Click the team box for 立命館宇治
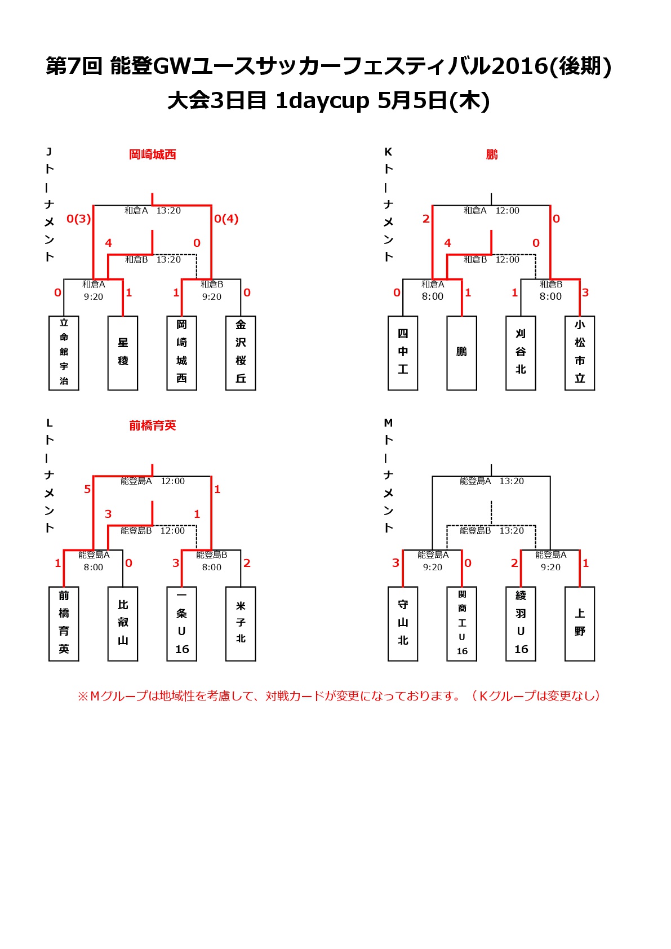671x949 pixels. pos(64,353)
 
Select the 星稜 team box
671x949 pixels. pos(123,353)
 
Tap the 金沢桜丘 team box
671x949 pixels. pos(241,353)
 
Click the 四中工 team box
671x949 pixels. pos(403,353)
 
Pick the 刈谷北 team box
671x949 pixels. pos(521,353)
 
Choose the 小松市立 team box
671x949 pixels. pos(580,353)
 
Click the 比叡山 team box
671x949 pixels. pos(123,624)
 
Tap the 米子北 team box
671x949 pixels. pos(241,624)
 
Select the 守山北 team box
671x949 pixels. pos(403,624)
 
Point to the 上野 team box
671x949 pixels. pos(580,624)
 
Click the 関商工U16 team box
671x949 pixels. pos(462,624)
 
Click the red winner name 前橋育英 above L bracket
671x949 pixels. pos(153,425)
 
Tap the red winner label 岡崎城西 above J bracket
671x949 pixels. pos(153,154)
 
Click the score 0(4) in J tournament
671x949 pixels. pos(226,219)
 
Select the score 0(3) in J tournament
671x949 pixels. pos(79,219)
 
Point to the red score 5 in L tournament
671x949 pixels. pos(87,489)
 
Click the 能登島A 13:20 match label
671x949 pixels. pos(492,481)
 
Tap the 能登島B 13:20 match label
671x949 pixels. pos(492,530)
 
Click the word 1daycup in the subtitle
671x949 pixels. pos(322,101)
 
